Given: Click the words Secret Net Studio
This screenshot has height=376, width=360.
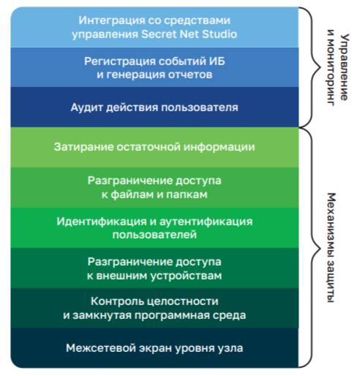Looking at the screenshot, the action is [189, 34].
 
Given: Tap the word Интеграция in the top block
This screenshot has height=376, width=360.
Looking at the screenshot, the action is [111, 20].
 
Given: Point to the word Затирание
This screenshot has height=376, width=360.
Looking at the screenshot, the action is [83, 147].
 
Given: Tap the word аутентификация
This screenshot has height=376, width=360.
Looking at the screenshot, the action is [206, 222].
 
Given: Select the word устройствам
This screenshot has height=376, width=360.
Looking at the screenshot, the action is [186, 276].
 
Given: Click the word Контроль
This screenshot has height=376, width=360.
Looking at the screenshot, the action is [118, 301].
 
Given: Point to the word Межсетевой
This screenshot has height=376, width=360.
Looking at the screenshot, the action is [101, 348].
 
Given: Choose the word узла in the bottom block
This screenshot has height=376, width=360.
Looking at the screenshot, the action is [230, 348].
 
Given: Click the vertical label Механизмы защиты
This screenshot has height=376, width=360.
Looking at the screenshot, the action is [331, 248].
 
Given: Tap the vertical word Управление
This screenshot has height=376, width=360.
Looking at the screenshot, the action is [345, 67].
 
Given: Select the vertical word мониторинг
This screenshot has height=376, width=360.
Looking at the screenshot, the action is [331, 67].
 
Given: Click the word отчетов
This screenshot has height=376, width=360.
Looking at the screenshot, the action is [190, 75].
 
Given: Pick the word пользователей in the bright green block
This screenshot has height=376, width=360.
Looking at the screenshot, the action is [154, 235].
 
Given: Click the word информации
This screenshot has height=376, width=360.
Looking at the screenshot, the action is [219, 147].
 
